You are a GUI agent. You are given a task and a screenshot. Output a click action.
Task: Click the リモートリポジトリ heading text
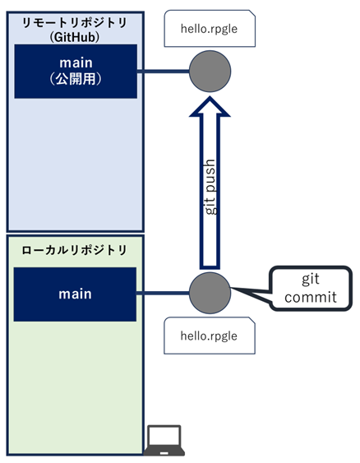click(75, 23)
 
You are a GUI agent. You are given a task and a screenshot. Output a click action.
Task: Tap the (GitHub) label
click(75, 37)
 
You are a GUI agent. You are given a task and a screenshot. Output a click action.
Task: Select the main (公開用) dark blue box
click(76, 72)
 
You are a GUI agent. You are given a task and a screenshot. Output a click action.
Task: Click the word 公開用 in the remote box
click(76, 79)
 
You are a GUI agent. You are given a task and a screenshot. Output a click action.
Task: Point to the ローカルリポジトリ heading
click(74, 250)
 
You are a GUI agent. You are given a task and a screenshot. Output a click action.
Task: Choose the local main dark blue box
click(75, 294)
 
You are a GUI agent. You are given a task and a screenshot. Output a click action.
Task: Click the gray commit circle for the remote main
click(210, 72)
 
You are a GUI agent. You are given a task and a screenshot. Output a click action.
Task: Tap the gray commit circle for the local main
click(210, 293)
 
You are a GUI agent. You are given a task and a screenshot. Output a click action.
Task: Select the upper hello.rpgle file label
click(210, 29)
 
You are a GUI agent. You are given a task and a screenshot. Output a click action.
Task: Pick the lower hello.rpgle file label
click(210, 336)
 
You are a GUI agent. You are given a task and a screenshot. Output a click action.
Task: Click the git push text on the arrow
click(210, 187)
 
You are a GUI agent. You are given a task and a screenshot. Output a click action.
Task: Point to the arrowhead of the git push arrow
click(210, 97)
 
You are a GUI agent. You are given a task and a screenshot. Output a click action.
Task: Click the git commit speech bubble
click(312, 288)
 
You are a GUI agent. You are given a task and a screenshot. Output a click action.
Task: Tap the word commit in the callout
click(311, 297)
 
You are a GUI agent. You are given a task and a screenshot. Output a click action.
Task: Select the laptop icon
click(164, 440)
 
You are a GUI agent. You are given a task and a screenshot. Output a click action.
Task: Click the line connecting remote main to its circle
click(163, 72)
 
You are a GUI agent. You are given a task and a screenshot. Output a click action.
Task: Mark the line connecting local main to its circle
click(163, 293)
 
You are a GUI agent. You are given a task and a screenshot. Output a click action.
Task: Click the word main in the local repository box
click(75, 294)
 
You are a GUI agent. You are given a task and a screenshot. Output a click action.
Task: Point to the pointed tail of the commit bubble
click(232, 288)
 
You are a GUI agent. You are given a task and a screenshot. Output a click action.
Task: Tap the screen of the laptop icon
click(164, 437)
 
